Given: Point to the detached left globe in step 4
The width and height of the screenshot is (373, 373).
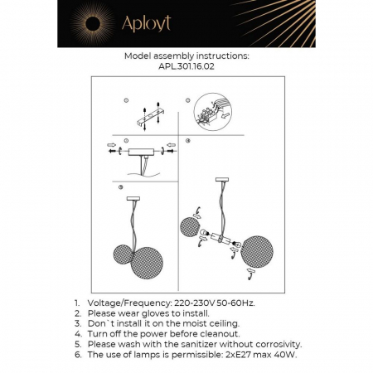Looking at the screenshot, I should click(x=190, y=227).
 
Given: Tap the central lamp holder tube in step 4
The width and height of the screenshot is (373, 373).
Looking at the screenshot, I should click(x=220, y=239).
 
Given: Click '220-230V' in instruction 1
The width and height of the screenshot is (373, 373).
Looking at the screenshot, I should click(x=200, y=304).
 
